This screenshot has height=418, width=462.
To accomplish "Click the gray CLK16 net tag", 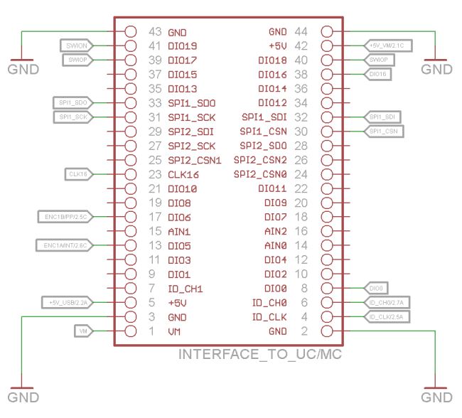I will point(77,174).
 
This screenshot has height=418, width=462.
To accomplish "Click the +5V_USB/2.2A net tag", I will point(69,302).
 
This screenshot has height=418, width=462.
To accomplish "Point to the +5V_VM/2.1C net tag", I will point(387,46).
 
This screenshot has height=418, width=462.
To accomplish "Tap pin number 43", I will point(156,33).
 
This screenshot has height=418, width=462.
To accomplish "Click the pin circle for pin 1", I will point(131,331).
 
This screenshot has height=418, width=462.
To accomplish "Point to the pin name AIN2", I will point(275,232).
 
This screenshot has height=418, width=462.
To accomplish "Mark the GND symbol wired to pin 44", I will point(436,68).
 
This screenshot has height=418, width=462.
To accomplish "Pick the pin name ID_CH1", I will point(186,289).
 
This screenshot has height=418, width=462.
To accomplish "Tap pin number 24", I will point(301,175).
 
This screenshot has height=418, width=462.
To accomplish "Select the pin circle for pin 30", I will point(327,132).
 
